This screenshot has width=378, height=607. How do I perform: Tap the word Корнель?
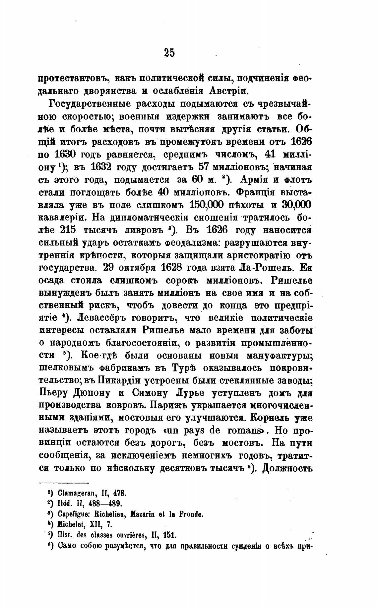click(270, 418)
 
